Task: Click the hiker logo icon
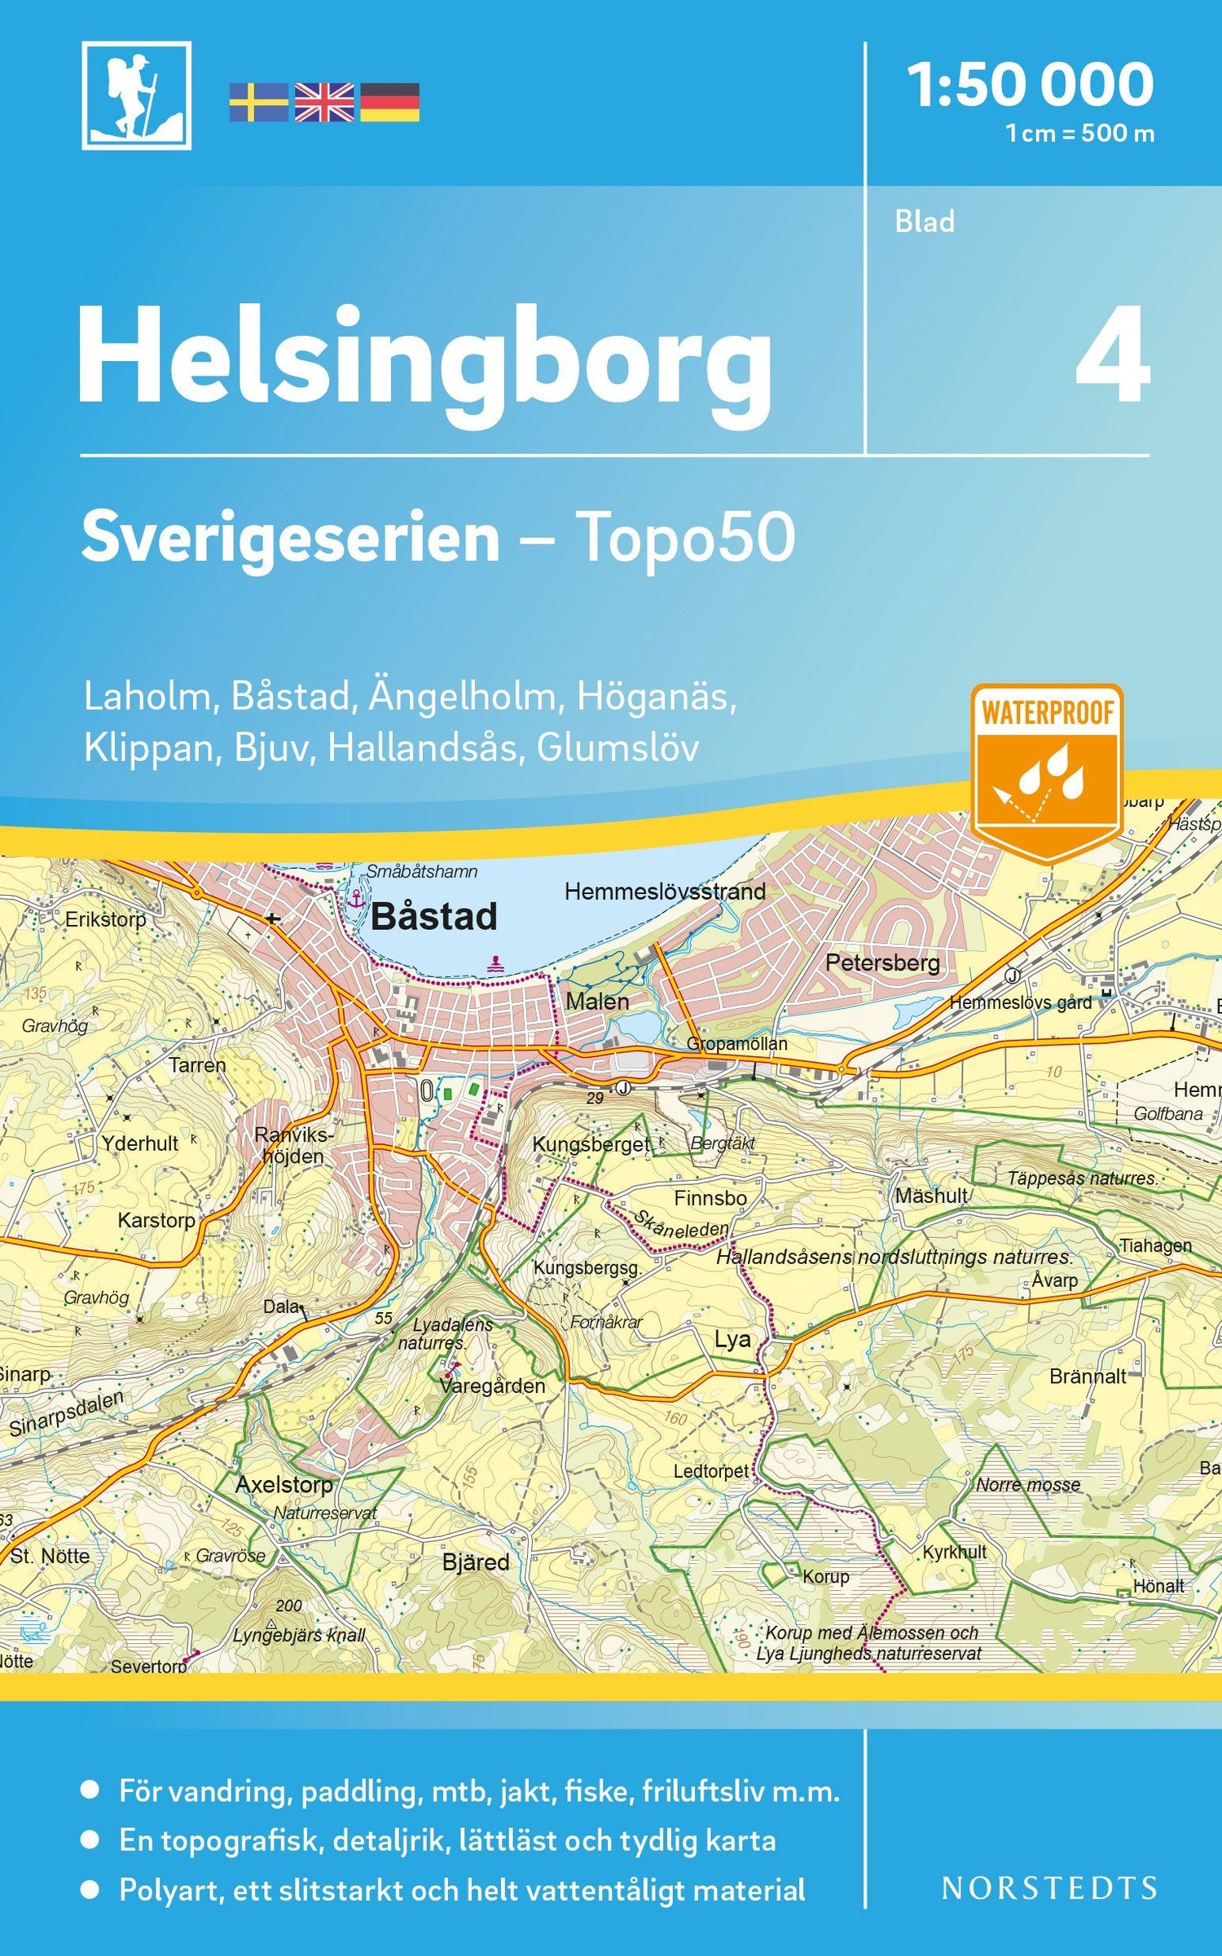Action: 136,95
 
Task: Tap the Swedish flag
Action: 258,103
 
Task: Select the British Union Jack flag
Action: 324,103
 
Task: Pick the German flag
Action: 390,103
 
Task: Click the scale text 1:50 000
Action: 1031,85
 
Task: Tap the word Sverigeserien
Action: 290,538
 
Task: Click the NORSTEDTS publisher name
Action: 1048,1888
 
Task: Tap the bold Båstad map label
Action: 433,917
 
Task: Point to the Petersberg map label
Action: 882,963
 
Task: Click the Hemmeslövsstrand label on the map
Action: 665,892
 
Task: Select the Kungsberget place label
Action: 591,1144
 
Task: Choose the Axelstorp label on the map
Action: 284,1485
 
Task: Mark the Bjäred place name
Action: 476,1562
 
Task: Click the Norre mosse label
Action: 1028,1485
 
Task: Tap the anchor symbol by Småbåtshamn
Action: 355,899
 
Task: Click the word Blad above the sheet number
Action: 925,222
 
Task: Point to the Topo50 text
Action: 686,538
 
